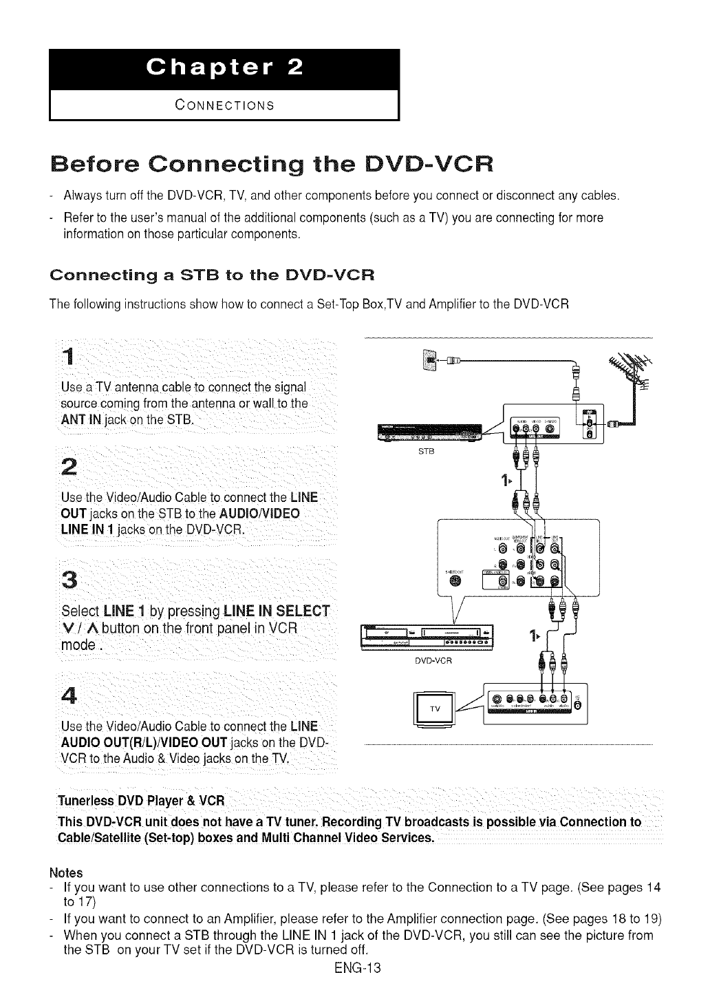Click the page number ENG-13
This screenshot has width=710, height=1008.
pos(354,968)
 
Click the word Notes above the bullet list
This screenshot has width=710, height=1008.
pos(66,872)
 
